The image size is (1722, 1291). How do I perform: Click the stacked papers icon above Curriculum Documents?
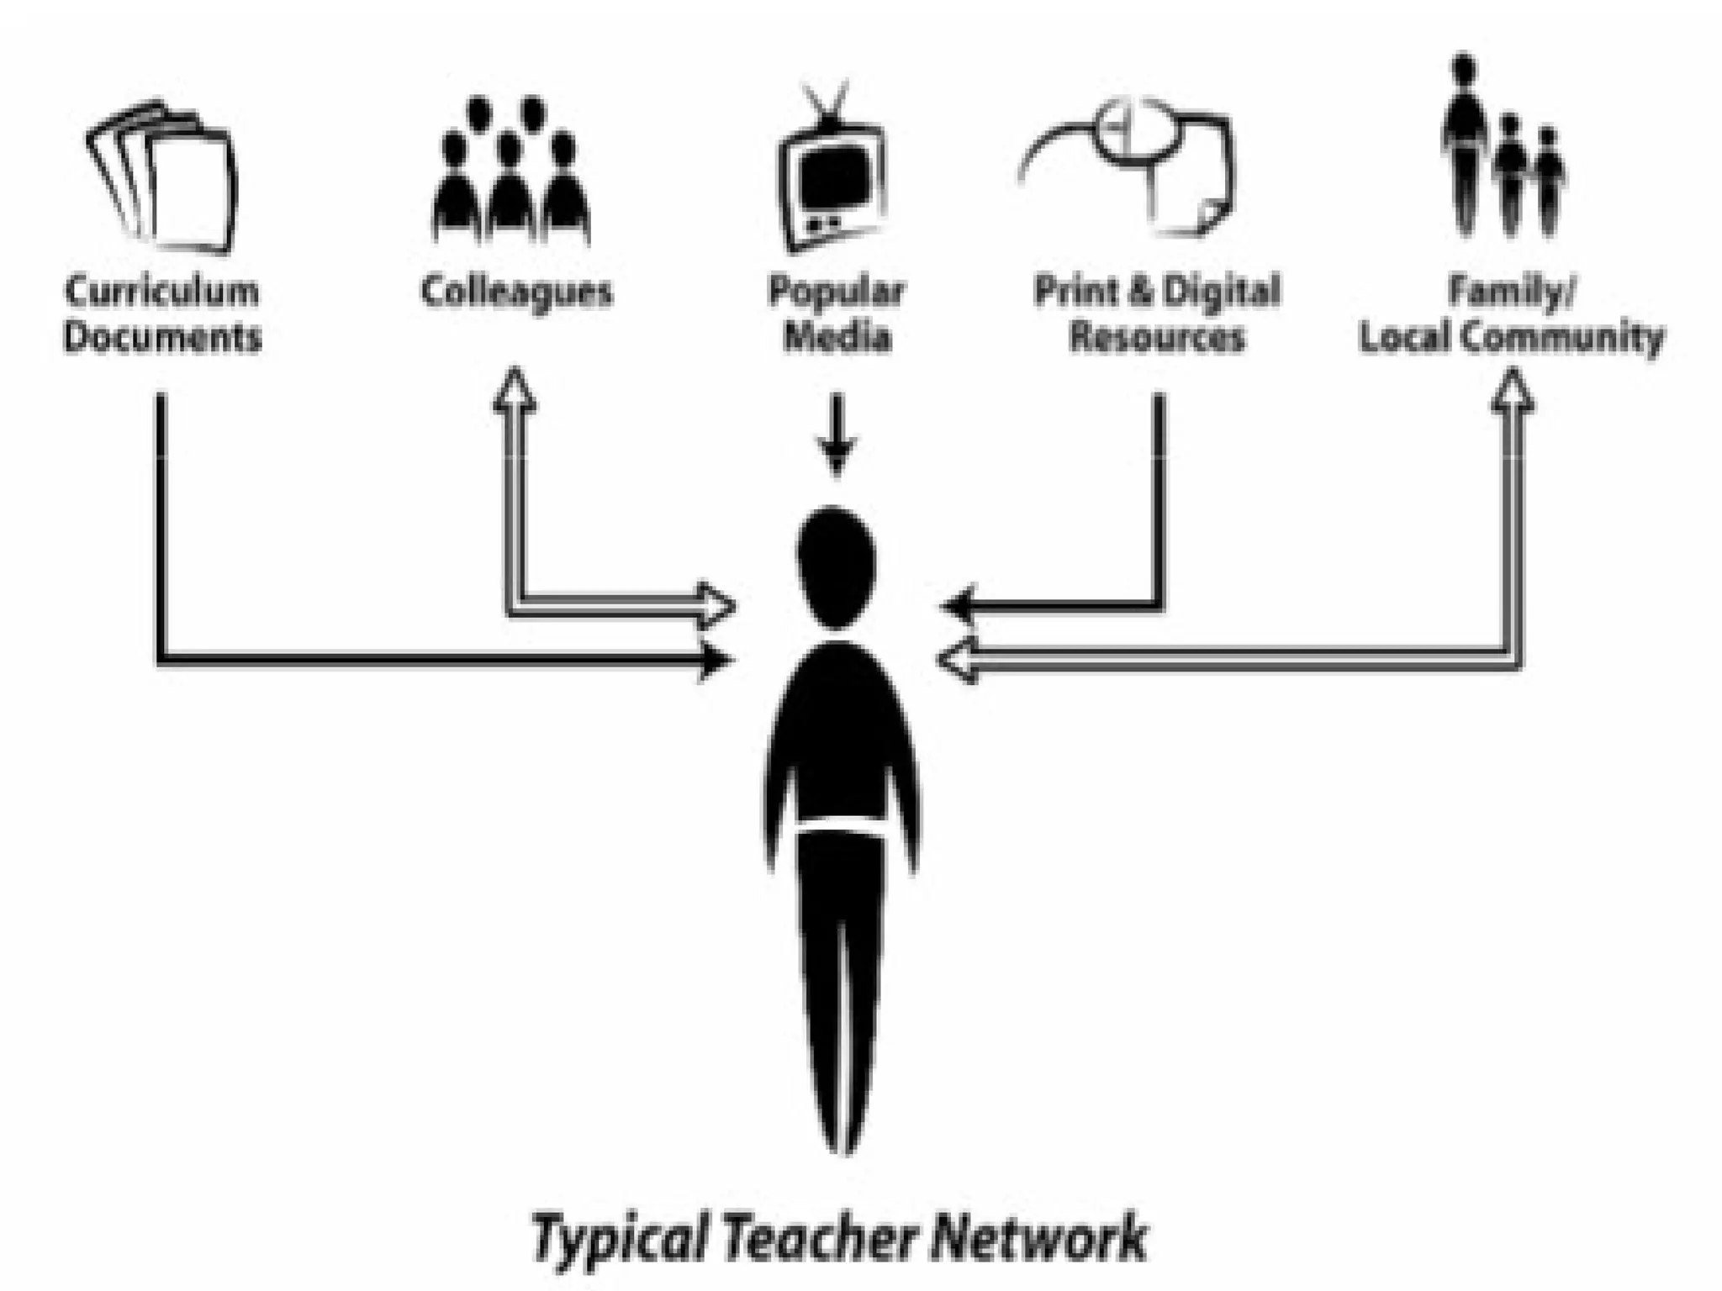(x=165, y=178)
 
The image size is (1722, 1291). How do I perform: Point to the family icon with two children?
(x=1502, y=151)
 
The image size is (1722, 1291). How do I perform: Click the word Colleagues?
(x=516, y=292)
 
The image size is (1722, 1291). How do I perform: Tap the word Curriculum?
(x=162, y=292)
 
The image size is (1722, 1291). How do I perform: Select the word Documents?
(x=162, y=338)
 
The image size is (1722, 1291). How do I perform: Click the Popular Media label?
(x=837, y=314)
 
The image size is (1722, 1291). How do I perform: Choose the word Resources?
(x=1156, y=338)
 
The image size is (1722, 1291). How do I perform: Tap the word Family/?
(x=1511, y=292)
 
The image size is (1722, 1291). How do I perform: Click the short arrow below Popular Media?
(x=836, y=437)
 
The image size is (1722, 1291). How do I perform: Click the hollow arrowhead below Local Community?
(x=1513, y=392)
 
